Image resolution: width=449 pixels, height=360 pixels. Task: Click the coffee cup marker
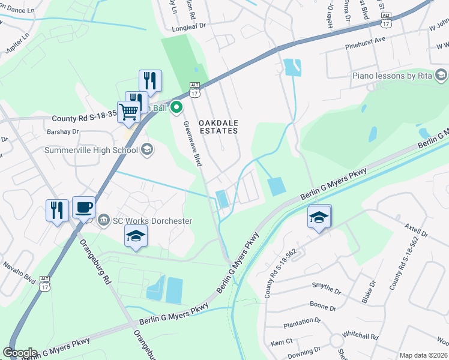tap(83, 208)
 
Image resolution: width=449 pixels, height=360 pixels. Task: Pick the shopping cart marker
tap(128, 112)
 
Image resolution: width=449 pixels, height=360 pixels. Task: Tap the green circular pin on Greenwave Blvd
tap(176, 108)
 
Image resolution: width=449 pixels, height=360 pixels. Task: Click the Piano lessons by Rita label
tap(393, 76)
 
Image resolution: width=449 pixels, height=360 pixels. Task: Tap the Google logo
tap(20, 353)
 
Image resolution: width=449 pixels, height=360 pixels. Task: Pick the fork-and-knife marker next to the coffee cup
tap(57, 210)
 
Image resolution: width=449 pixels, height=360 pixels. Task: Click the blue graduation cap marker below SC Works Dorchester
tap(136, 236)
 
